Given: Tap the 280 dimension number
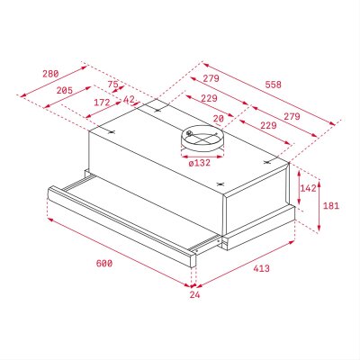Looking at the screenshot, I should click(50, 74).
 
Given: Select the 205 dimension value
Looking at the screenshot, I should click(64, 92).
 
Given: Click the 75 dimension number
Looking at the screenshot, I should click(112, 85).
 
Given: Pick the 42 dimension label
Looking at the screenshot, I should click(128, 100).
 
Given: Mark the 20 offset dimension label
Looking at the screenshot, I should click(219, 117).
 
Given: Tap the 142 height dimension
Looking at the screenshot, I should click(308, 188).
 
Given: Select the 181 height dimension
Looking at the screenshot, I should click(332, 206).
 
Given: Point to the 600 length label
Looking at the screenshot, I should click(103, 263).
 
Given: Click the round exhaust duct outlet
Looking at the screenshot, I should click(199, 138).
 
